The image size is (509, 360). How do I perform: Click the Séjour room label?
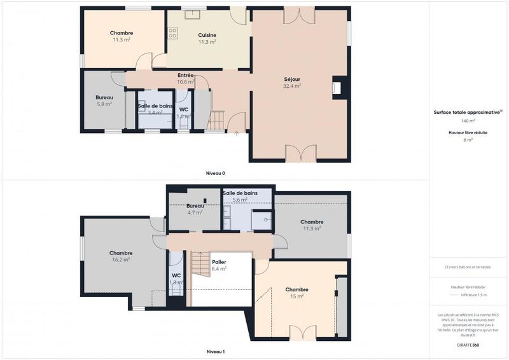click(292, 80)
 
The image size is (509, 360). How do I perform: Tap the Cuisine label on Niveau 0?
click(207, 35)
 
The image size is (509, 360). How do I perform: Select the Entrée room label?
click(186, 75)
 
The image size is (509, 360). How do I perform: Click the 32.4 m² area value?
click(292, 86)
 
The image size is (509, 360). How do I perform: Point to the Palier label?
click(219, 261)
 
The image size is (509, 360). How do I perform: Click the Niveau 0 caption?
click(215, 173)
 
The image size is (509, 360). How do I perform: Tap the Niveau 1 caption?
click(215, 352)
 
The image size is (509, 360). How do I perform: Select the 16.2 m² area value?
click(121, 260)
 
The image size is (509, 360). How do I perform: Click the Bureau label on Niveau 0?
click(104, 97)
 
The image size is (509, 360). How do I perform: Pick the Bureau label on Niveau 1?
click(195, 206)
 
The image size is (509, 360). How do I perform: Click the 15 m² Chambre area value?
click(296, 296)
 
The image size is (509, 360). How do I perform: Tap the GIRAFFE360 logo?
click(468, 345)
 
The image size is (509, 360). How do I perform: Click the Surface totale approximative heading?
click(467, 112)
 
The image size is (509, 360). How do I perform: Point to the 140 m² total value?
click(468, 120)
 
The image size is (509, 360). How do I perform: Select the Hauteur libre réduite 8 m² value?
click(468, 140)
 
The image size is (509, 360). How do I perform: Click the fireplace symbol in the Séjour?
click(338, 88)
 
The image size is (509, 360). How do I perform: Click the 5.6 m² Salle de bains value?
click(240, 200)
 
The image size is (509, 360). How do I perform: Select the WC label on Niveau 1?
click(176, 275)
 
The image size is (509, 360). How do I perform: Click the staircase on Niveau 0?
click(218, 120)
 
